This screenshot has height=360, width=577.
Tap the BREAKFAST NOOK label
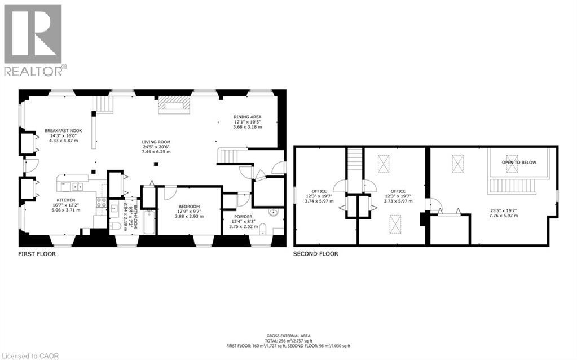60,130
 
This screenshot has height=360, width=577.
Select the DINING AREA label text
248,117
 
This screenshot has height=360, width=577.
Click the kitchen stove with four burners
102,202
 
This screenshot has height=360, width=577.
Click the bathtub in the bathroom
148,222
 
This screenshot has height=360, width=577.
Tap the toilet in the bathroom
114,227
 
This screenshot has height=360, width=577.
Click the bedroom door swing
170,192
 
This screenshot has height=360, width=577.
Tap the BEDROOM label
190,207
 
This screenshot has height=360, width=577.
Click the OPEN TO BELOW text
519,163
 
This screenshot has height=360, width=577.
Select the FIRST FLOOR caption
37,254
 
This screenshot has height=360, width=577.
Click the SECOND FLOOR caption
315,254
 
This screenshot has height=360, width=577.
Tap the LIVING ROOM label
156,142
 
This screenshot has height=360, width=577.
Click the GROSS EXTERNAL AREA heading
289,336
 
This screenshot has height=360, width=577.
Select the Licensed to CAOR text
26,355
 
